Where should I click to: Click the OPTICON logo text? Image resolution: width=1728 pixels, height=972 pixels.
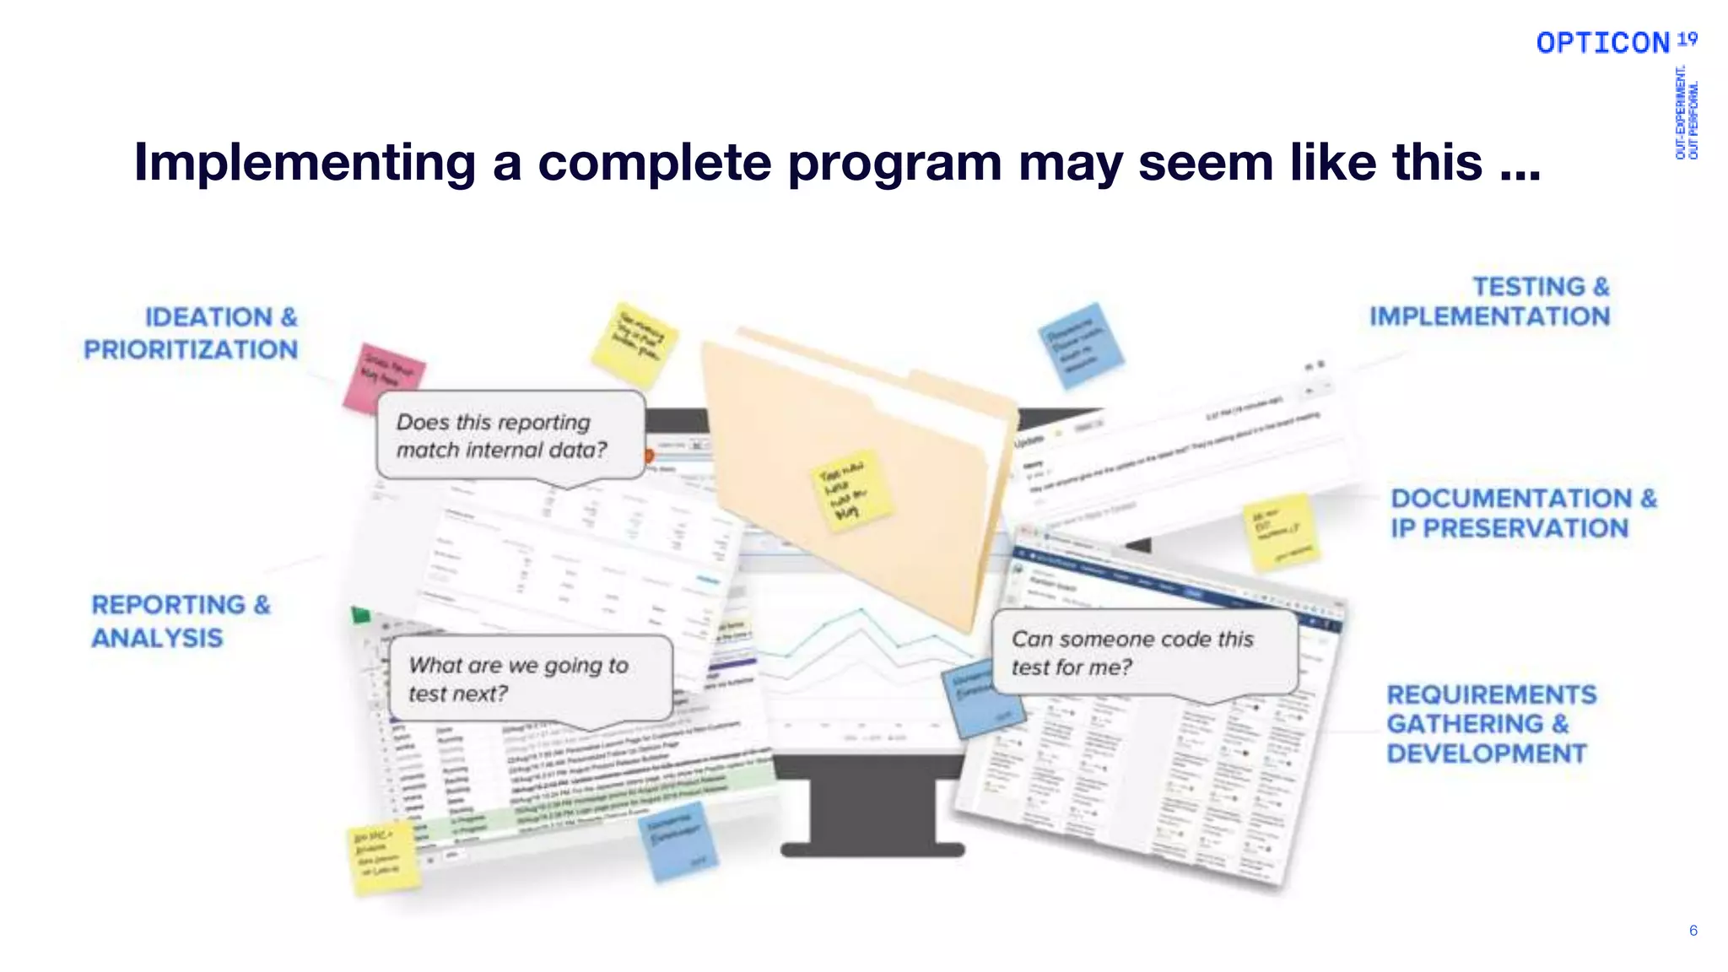(1602, 43)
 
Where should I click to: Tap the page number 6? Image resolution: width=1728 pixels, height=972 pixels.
(1693, 930)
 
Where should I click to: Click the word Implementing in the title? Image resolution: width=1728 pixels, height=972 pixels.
(305, 162)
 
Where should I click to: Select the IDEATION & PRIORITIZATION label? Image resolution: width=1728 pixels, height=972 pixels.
(192, 333)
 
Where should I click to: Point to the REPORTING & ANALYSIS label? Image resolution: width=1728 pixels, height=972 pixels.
(181, 621)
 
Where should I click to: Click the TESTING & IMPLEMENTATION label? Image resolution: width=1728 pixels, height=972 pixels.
(1490, 301)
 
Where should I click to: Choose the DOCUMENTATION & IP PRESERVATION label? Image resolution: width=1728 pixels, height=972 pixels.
(1523, 513)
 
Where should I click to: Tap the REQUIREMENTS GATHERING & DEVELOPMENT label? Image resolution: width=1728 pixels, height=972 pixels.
(1491, 724)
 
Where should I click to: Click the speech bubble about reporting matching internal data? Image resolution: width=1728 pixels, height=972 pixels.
(510, 435)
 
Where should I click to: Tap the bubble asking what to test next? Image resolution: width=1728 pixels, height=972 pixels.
(529, 679)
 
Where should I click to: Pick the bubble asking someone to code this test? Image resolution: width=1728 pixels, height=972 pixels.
(1143, 653)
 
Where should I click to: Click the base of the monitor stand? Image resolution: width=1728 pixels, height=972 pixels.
(872, 849)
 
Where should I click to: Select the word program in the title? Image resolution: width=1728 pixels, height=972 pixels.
(894, 162)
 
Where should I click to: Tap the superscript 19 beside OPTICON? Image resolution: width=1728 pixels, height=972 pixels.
(1687, 39)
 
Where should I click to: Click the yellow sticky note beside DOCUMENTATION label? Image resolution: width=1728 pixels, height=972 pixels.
(1280, 532)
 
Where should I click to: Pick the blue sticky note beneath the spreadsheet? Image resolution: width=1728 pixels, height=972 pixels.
(678, 839)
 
